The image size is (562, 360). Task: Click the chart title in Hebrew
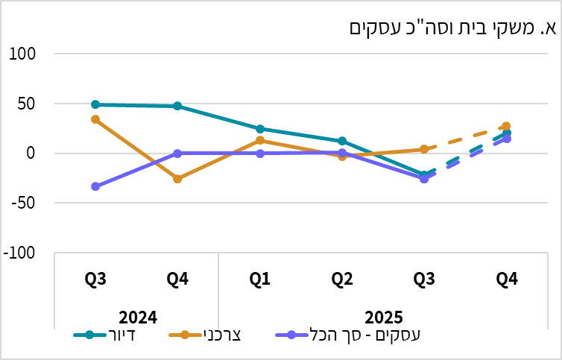point(453,28)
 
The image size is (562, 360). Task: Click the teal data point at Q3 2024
point(95,104)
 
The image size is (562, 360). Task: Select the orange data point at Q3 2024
point(95,119)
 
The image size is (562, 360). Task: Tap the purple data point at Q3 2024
point(95,186)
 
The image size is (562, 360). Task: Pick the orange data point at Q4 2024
point(177,179)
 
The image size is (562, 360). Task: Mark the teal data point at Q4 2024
point(177,106)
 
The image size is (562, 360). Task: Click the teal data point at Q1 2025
point(259,129)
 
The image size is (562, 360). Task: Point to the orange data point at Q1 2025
point(259,140)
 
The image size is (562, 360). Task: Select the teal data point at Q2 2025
point(342,141)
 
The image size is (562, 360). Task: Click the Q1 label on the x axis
point(259,280)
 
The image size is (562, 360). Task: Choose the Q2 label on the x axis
point(342,280)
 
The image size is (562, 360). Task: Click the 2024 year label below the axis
point(136,316)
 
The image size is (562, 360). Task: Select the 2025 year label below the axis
point(383,316)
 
